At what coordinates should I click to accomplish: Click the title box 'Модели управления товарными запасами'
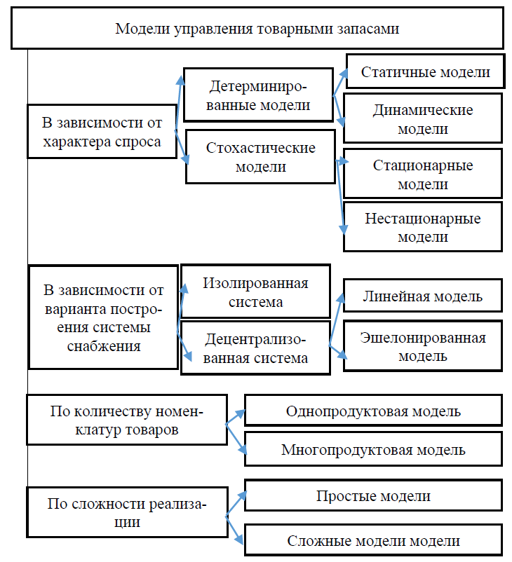click(257, 29)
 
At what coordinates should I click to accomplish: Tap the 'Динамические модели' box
click(423, 120)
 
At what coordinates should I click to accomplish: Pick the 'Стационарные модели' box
click(423, 175)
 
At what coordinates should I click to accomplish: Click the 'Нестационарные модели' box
click(423, 227)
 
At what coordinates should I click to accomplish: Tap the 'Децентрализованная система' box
click(255, 348)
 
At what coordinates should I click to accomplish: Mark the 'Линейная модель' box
click(423, 296)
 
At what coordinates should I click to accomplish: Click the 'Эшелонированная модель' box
click(423, 347)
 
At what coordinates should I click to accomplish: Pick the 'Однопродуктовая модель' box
click(373, 411)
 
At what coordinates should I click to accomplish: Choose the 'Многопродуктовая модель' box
click(373, 449)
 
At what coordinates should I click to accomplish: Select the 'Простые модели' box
click(373, 496)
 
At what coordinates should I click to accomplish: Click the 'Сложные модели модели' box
click(373, 540)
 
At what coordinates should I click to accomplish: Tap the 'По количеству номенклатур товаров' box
click(126, 420)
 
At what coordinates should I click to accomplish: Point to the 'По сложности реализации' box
click(126, 513)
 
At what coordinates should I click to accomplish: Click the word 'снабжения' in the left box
click(102, 345)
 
